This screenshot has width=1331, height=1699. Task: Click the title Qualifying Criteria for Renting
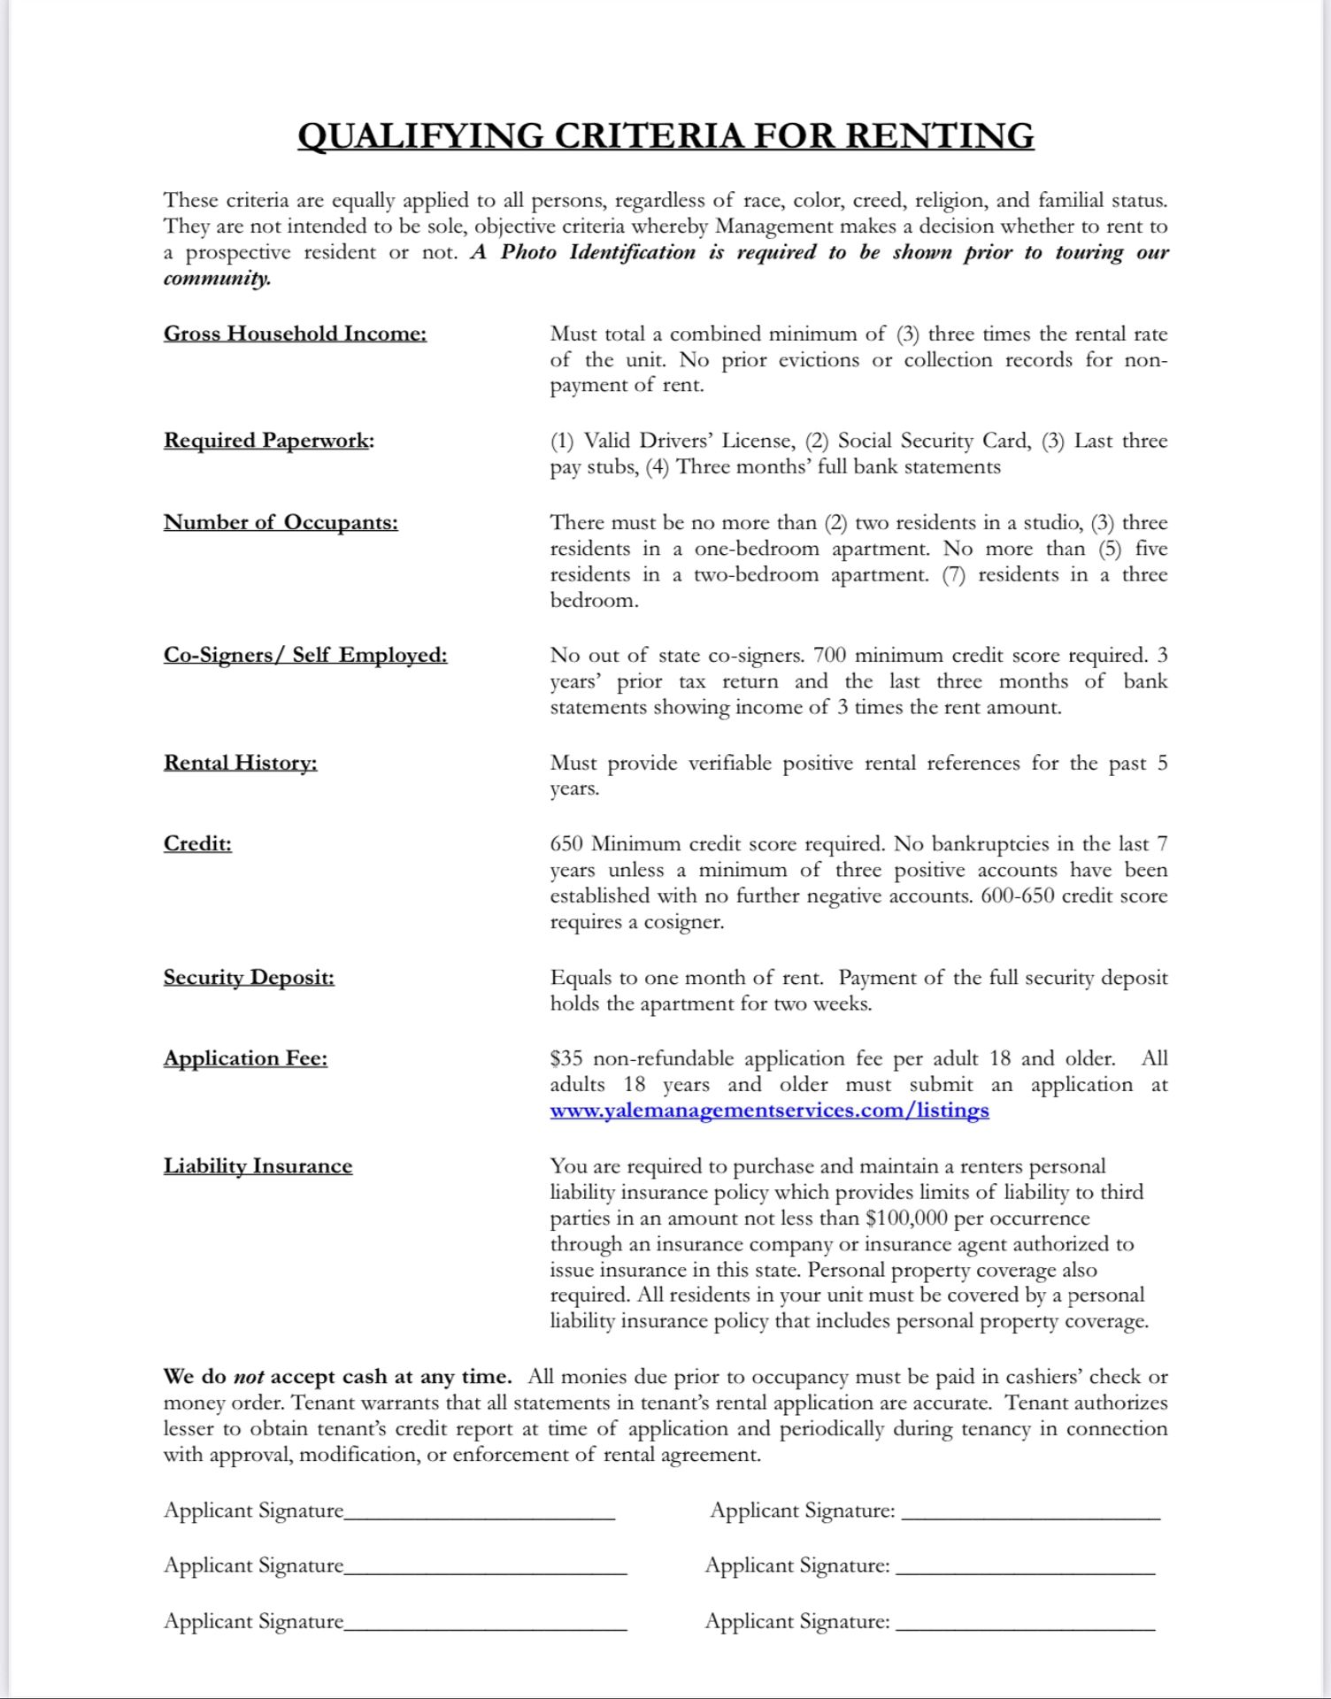[665, 136]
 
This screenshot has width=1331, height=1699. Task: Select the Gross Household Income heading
[295, 334]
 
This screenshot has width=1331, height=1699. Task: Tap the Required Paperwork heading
[268, 441]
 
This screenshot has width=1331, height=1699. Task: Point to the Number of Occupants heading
[281, 522]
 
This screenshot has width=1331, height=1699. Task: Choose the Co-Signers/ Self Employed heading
[305, 655]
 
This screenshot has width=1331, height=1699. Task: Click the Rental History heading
[240, 763]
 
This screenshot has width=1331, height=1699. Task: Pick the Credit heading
[197, 843]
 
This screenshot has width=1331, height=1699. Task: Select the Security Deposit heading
[249, 978]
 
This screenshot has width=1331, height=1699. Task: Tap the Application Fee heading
[245, 1058]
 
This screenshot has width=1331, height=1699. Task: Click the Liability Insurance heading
[258, 1166]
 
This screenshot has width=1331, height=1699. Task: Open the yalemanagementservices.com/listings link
[769, 1111]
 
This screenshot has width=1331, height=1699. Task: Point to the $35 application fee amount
[565, 1059]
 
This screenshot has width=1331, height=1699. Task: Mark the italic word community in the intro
[216, 279]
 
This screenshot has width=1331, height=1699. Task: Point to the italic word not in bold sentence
[249, 1378]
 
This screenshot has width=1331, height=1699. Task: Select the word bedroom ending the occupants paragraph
[592, 601]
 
